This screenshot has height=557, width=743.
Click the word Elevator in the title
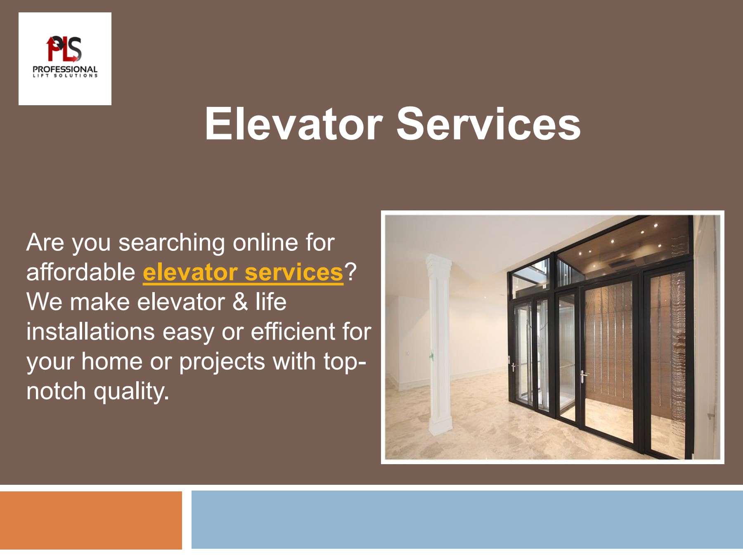click(x=293, y=124)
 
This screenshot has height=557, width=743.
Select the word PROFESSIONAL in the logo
click(x=65, y=69)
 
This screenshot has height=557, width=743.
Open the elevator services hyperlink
click(x=243, y=272)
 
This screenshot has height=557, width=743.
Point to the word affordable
click(x=81, y=272)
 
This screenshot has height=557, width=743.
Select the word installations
click(x=90, y=332)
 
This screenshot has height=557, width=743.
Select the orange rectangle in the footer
click(x=91, y=520)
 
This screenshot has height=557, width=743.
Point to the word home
click(x=111, y=361)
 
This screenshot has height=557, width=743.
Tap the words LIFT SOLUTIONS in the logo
click(x=65, y=76)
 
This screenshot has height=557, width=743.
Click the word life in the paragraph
click(x=270, y=302)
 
